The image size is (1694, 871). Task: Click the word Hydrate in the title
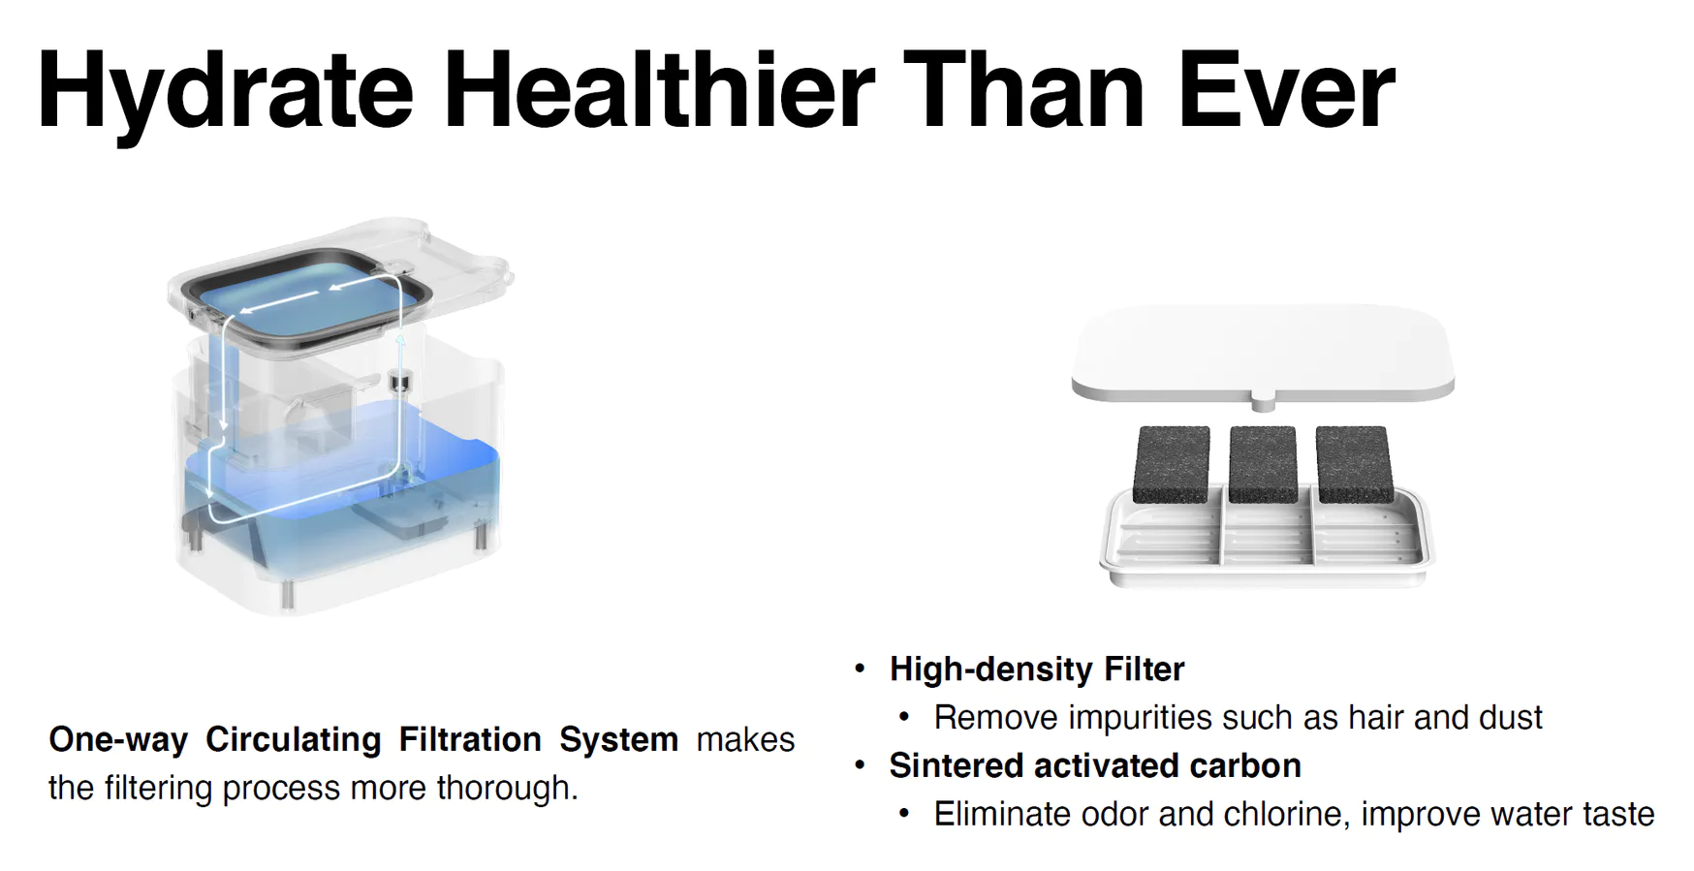[226, 93]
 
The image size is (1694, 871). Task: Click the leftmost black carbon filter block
[1172, 464]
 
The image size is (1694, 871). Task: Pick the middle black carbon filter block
[1263, 464]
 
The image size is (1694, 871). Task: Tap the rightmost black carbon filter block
[1354, 464]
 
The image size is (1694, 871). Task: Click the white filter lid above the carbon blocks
[1263, 351]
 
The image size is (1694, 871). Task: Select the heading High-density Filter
[1037, 669]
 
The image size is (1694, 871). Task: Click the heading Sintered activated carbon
[1095, 765]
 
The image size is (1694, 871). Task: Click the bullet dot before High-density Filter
[860, 669]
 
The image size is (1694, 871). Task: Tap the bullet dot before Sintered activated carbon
[860, 765]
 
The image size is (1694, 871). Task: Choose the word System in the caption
[618, 740]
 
